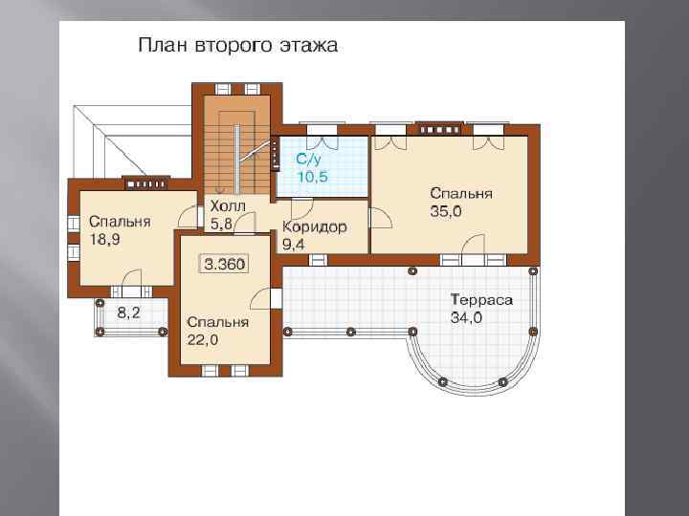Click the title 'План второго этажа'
pyautogui.click(x=237, y=45)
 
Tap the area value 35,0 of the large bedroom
pyautogui.click(x=446, y=211)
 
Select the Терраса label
pyautogui.click(x=481, y=300)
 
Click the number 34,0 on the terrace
pyautogui.click(x=466, y=317)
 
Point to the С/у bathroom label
pyautogui.click(x=308, y=159)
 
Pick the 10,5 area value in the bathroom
pyautogui.click(x=312, y=177)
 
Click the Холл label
pyautogui.click(x=228, y=205)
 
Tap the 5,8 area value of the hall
pyautogui.click(x=221, y=224)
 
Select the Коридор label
pyautogui.click(x=314, y=226)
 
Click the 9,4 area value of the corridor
pyautogui.click(x=293, y=245)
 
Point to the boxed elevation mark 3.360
pyautogui.click(x=225, y=264)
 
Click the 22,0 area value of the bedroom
pyautogui.click(x=203, y=340)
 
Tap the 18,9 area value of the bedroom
pyautogui.click(x=104, y=240)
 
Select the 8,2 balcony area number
pyautogui.click(x=129, y=312)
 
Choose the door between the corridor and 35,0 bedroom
pyautogui.click(x=381, y=218)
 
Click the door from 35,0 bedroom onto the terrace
pyautogui.click(x=473, y=245)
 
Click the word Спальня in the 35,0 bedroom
pyautogui.click(x=461, y=193)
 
